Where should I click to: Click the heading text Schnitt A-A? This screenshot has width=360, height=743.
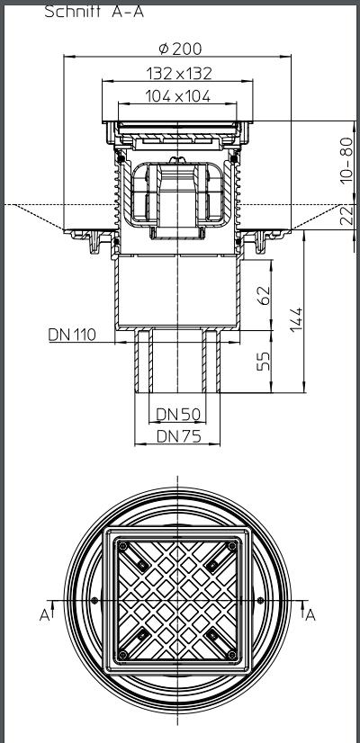pos(94,12)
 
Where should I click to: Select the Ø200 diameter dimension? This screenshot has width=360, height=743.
pos(181,49)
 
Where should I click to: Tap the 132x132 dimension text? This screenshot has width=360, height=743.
pos(180,74)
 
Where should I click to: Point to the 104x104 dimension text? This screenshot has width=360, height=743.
pos(180,97)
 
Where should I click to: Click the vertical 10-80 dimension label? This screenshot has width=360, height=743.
pos(346,161)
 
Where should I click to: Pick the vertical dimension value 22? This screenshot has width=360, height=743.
pos(346,216)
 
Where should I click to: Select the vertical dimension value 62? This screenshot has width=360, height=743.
pos(264,296)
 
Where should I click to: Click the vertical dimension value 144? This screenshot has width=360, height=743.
pos(298,318)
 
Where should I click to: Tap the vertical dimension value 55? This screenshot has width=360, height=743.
pos(264,362)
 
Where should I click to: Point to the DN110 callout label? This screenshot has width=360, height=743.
pos(71,335)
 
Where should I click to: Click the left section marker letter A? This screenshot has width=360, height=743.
pos(42,614)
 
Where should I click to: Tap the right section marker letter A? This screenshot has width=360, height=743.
pos(311,614)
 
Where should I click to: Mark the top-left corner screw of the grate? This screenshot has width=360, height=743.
pos(143,565)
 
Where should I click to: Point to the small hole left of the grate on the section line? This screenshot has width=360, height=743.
pos(94,600)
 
